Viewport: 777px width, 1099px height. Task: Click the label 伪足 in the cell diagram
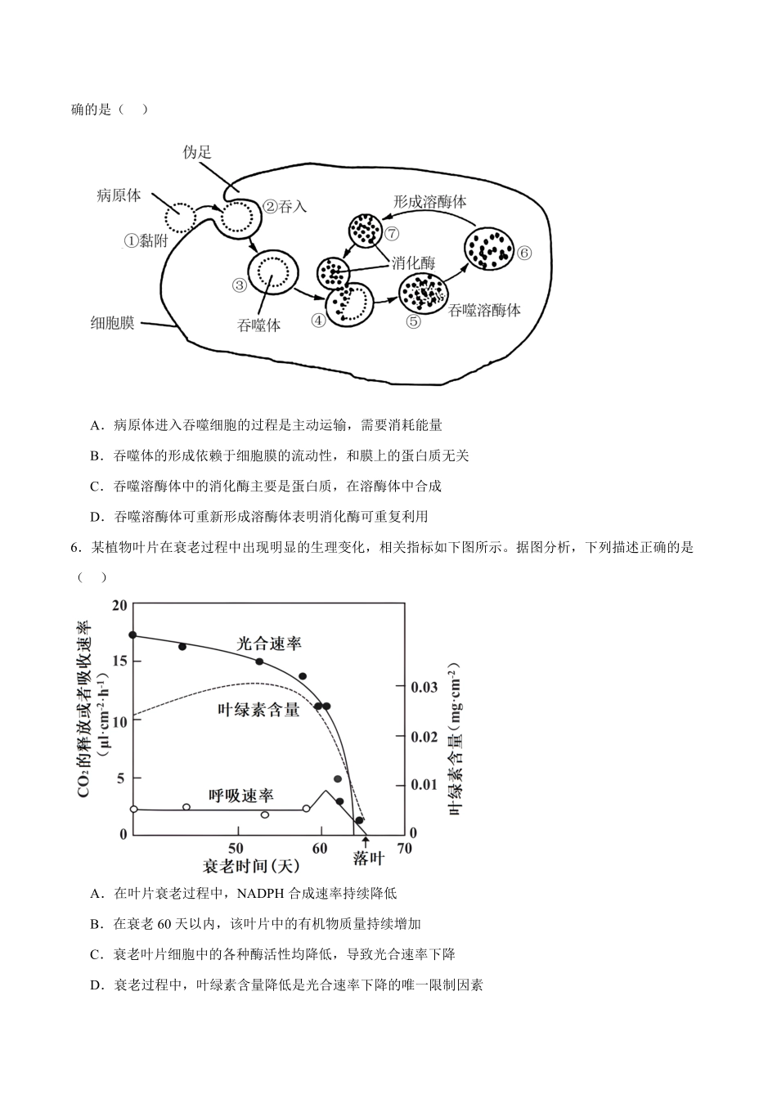pyautogui.click(x=197, y=152)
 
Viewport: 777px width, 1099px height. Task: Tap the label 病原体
pyautogui.click(x=119, y=195)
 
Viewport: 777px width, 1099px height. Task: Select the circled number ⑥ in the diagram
pyautogui.click(x=524, y=253)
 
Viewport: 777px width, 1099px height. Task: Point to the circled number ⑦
pyautogui.click(x=391, y=232)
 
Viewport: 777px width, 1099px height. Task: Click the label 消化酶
pyautogui.click(x=413, y=262)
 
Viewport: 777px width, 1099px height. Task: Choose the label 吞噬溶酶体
pyautogui.click(x=484, y=310)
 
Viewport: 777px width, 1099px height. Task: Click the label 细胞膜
pyautogui.click(x=112, y=323)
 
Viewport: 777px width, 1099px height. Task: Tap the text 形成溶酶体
pyautogui.click(x=430, y=200)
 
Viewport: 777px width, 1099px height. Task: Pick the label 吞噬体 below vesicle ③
pyautogui.click(x=258, y=325)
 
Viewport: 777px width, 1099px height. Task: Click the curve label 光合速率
pyautogui.click(x=269, y=644)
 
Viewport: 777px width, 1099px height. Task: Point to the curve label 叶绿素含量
pyautogui.click(x=258, y=710)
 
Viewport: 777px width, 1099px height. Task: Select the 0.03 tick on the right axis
pyautogui.click(x=424, y=687)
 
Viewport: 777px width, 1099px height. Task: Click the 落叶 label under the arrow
pyautogui.click(x=368, y=858)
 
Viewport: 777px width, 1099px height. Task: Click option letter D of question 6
pyautogui.click(x=95, y=985)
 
